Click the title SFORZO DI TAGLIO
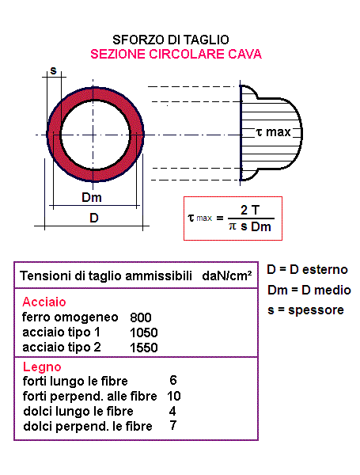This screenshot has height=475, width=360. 171,40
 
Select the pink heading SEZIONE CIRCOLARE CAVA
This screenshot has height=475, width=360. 176,54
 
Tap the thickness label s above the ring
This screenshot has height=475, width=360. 53,70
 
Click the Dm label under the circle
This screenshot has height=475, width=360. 92,197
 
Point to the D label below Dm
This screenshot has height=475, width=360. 94,218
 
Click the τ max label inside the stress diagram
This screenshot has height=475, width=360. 273,132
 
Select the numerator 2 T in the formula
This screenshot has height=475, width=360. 250,210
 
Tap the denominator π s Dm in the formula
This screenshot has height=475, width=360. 250,226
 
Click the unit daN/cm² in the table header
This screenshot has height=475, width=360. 227,275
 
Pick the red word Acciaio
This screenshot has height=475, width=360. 44,302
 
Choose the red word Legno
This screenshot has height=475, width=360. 42,367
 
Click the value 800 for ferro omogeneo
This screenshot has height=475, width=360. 141,317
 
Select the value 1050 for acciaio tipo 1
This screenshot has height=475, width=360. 144,332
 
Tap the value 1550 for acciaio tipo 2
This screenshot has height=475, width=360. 144,348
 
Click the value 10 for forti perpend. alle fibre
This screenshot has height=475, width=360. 174,396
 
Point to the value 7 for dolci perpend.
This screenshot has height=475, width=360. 173,426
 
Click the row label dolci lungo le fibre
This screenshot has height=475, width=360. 78,411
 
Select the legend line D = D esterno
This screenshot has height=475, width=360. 307,269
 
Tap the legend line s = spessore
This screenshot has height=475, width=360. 306,310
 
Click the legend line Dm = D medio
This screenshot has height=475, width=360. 309,290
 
